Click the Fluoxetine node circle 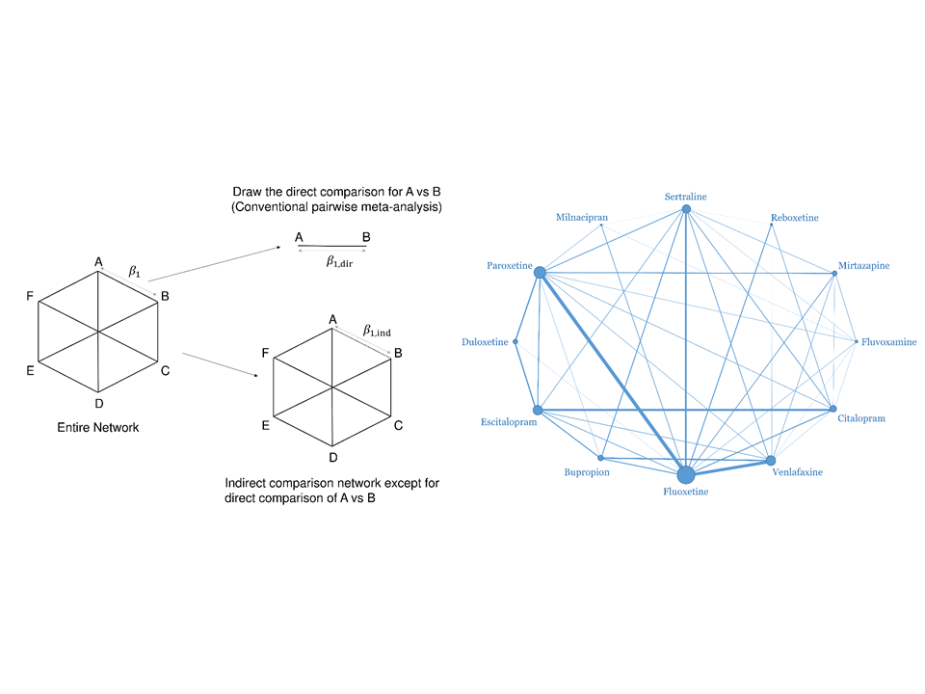pos(685,474)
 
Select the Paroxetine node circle pos(540,272)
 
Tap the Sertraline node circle pos(686,209)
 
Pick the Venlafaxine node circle pos(771,461)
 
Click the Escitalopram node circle pos(538,411)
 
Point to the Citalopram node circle pos(832,409)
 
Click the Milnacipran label pos(582,217)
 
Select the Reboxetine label pos(795,218)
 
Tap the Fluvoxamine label pos(889,341)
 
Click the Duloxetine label pos(485,341)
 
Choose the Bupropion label pos(587,472)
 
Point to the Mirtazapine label pos(863,266)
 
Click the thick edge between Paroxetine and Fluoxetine pos(613,373)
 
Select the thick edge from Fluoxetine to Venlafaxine pos(728,467)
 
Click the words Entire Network pos(98,427)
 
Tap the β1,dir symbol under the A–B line pos(339,261)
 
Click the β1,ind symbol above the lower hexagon pos(377,331)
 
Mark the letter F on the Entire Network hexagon pos(30,296)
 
